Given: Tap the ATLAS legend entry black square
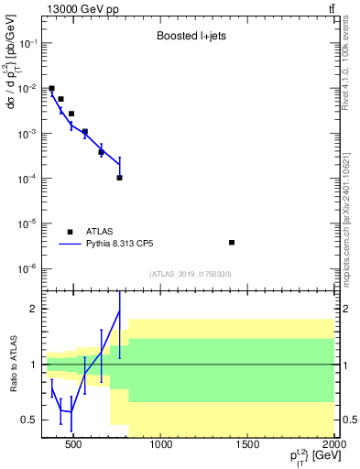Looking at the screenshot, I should [x=70, y=232].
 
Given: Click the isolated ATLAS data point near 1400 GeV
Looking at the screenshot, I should [x=232, y=243].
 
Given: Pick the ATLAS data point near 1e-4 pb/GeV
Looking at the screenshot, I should [x=120, y=178].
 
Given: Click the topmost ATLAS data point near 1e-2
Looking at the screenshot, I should [x=52, y=89].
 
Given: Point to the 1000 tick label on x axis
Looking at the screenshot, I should [x=161, y=446].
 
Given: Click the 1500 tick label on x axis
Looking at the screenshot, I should [x=248, y=446].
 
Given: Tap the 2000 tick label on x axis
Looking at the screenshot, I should [x=333, y=446].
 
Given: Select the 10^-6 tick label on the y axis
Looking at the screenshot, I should [x=27, y=268].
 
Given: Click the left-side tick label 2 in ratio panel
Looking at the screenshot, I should [x=32, y=309].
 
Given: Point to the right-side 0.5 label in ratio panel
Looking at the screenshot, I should [x=348, y=420].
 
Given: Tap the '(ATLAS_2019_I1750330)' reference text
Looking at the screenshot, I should [x=191, y=274].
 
